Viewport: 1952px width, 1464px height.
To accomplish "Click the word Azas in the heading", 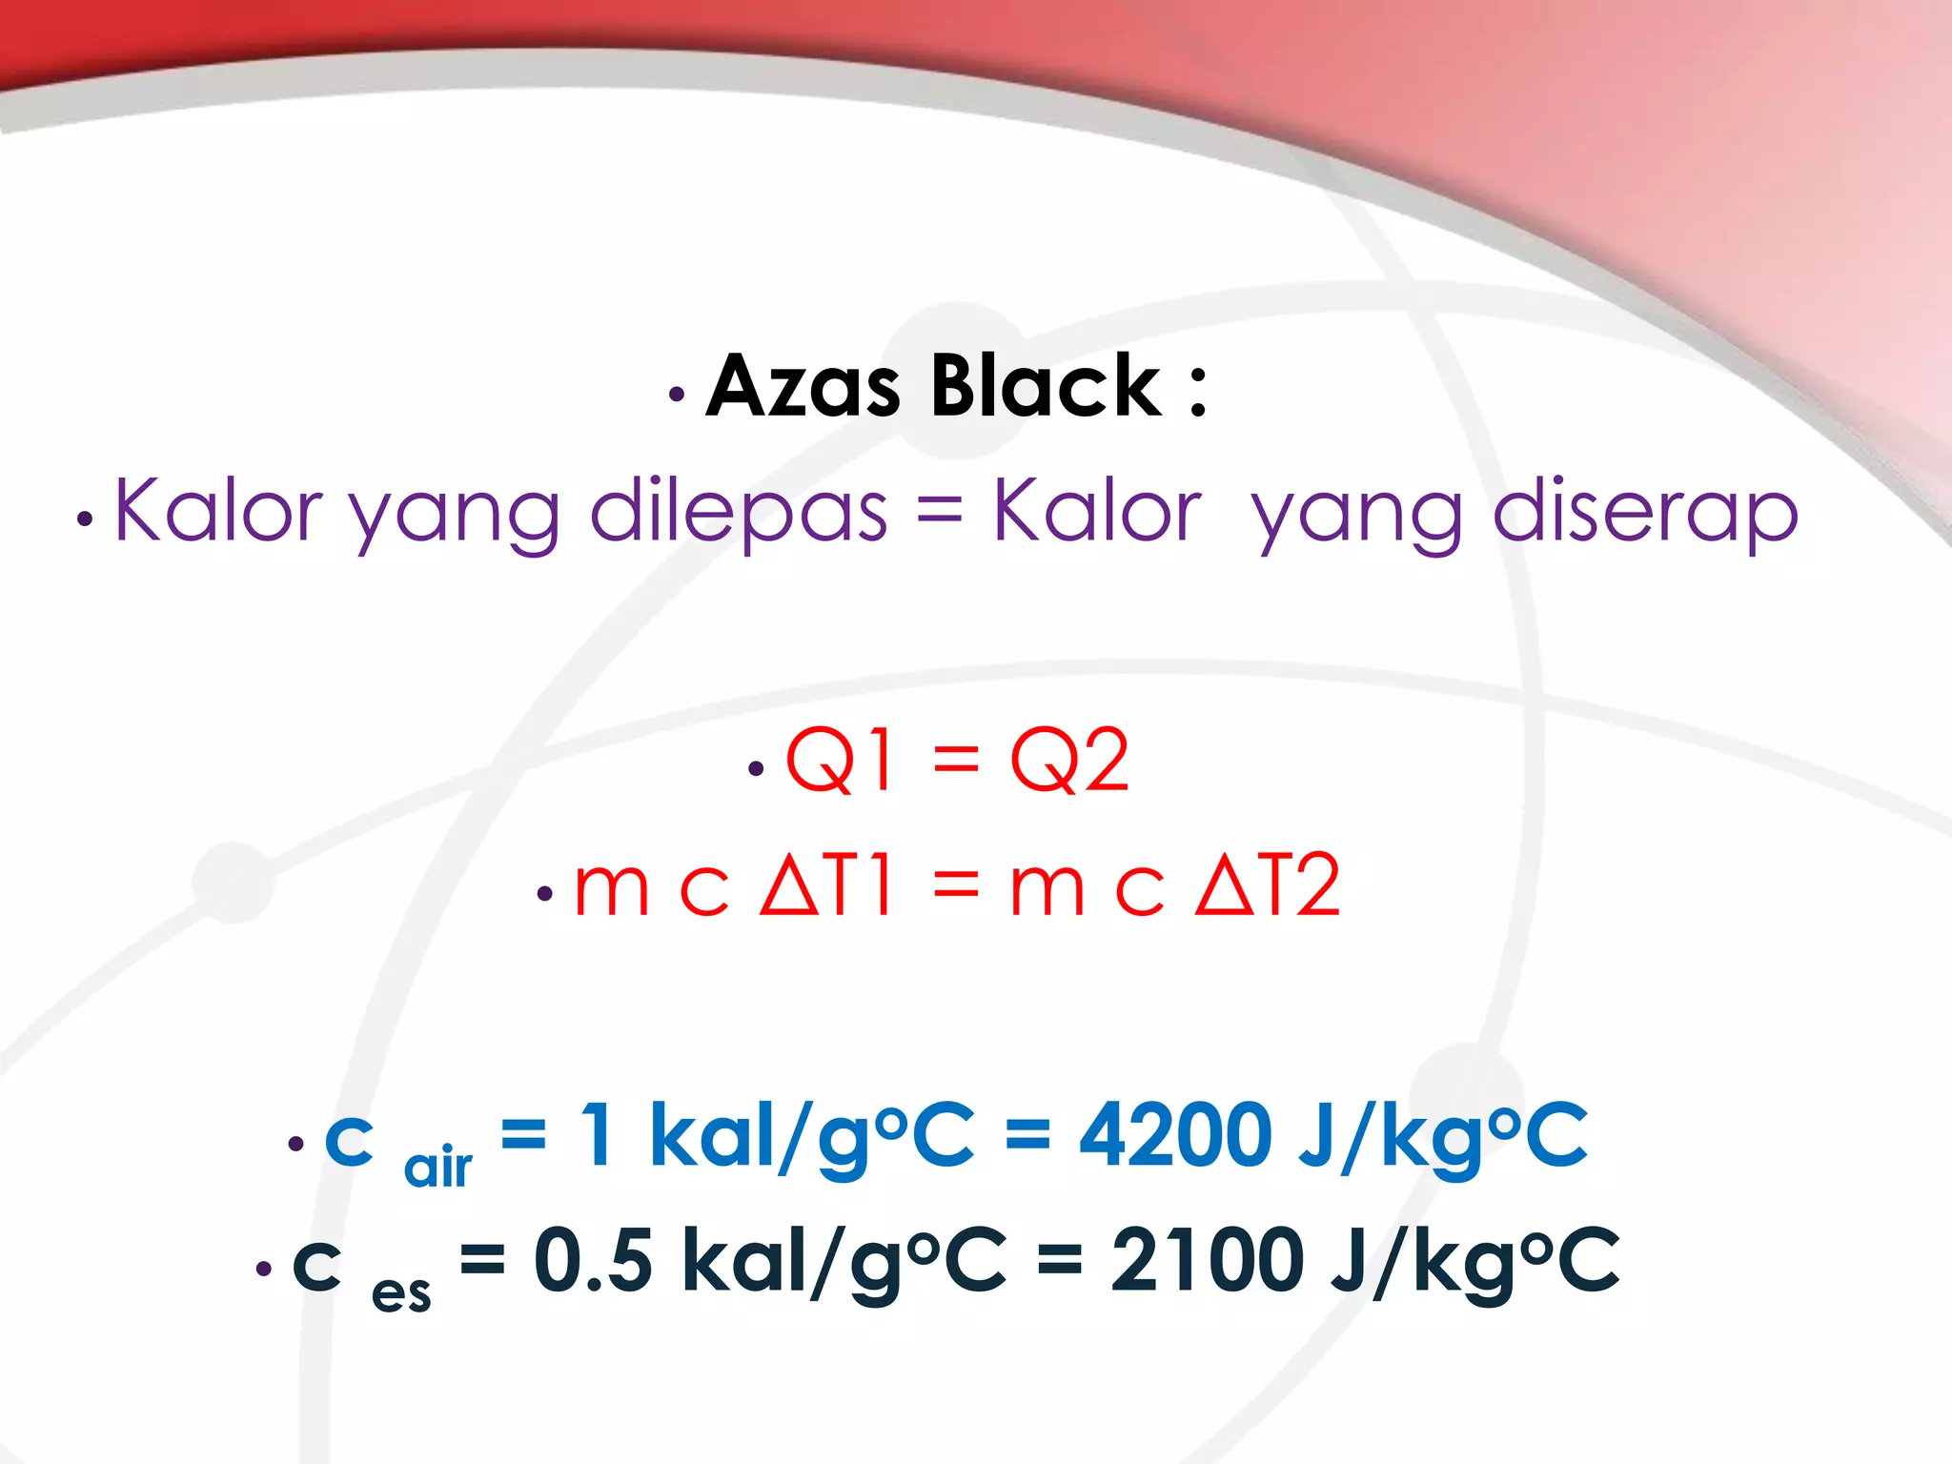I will [x=803, y=386].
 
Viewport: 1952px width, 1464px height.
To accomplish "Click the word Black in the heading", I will [x=1046, y=386].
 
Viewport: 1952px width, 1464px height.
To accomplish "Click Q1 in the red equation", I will [x=839, y=760].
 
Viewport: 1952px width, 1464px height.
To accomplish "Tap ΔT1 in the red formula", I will [x=825, y=885].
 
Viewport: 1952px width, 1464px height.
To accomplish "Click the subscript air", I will [x=437, y=1167].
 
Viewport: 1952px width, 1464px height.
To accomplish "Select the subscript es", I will [x=401, y=1292].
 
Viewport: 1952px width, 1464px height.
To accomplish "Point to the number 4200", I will [x=1174, y=1134].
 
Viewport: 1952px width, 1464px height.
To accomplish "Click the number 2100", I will [x=1207, y=1260].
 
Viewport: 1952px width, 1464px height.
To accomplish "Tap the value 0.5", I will [x=593, y=1260].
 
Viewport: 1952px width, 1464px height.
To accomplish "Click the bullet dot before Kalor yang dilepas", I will [x=86, y=520].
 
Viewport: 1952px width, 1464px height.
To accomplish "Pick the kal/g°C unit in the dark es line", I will [x=844, y=1262].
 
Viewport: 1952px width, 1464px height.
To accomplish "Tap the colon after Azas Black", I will [x=1198, y=391].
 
